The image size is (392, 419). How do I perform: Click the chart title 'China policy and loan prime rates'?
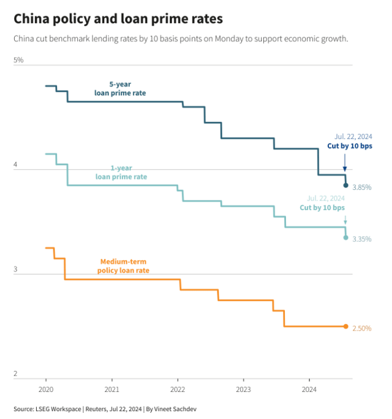point(118,19)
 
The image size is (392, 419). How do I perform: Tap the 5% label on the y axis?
point(18,60)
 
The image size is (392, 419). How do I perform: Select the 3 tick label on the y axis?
point(16,270)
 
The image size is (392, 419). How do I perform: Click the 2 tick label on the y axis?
point(16,374)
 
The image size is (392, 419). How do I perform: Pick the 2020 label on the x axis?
point(46,389)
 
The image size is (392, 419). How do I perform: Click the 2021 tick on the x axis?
point(111,389)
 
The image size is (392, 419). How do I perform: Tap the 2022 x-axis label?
point(178,389)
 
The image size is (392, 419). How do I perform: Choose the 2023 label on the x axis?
point(243,389)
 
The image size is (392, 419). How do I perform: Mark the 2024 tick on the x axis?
point(309,389)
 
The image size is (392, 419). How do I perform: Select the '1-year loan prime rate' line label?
point(121,172)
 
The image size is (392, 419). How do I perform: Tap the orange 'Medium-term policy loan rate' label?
point(123,266)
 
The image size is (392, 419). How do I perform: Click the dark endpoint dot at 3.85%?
point(345,185)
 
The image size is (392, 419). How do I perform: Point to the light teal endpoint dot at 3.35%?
point(345,237)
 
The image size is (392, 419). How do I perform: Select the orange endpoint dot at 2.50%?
point(345,326)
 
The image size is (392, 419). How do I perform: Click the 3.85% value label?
point(362,187)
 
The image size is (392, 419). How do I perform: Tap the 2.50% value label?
point(362,328)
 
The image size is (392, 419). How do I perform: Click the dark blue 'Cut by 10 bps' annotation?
point(349,147)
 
